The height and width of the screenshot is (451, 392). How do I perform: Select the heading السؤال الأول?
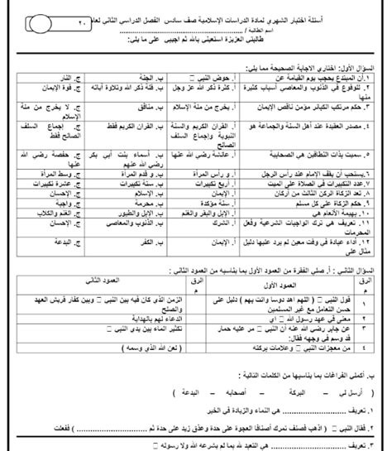(x=351, y=64)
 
